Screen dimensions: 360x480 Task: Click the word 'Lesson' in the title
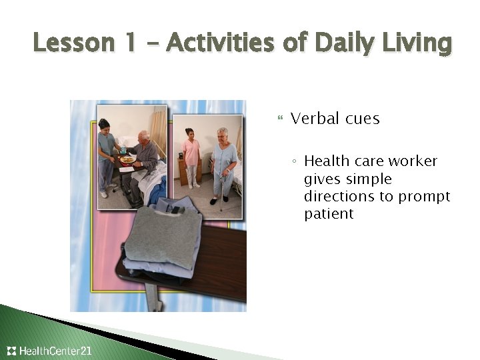coord(65,44)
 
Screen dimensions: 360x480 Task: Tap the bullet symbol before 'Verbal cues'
coord(279,119)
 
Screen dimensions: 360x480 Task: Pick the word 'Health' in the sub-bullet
coord(325,161)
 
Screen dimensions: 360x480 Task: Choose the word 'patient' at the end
coord(329,214)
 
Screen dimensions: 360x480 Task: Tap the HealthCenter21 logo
coord(49,351)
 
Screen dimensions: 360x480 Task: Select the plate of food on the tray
coord(126,159)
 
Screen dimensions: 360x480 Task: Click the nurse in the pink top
coord(191,157)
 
